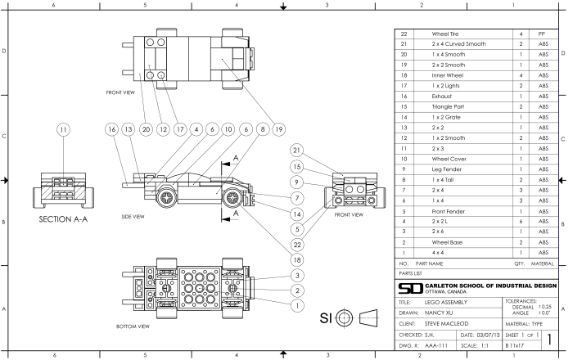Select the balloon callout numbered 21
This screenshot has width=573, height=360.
coord(296,151)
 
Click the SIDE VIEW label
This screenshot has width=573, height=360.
coord(132,217)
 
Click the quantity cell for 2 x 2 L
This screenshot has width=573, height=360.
coord(521,222)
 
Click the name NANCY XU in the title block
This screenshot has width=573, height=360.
coord(444,312)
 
